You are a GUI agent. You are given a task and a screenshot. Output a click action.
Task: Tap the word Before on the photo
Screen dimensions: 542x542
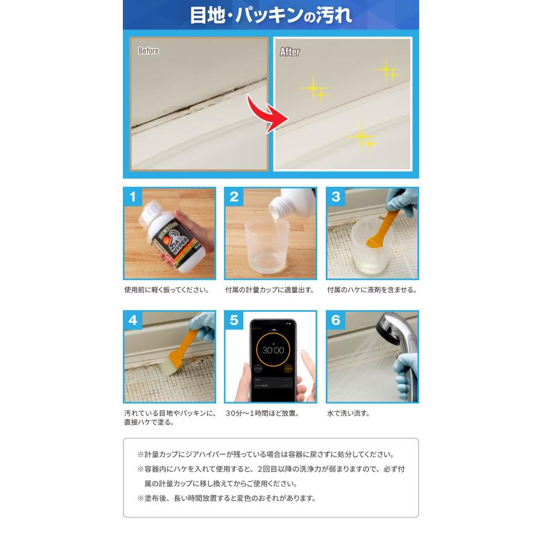point(148,51)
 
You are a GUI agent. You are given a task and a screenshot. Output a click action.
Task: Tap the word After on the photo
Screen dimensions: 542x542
point(290,52)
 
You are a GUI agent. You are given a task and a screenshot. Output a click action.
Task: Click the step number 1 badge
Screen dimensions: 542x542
point(132,196)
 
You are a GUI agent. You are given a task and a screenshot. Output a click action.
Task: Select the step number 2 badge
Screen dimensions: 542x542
point(234,196)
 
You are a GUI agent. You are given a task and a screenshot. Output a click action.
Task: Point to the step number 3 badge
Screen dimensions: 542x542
point(335,196)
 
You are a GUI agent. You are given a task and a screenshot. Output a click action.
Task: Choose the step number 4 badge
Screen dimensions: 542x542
point(132,320)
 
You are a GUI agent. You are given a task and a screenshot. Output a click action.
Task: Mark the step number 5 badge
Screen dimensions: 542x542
point(234,320)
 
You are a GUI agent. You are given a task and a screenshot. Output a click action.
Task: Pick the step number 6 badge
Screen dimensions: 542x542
point(335,320)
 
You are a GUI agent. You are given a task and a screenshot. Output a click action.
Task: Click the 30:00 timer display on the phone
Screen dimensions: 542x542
point(272,350)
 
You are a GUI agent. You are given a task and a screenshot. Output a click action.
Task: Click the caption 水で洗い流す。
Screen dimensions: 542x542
point(348,413)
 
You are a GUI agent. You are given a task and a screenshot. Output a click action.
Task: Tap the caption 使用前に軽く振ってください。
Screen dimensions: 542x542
point(166,290)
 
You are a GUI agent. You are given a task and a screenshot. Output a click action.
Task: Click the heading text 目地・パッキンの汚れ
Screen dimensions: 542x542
point(270,14)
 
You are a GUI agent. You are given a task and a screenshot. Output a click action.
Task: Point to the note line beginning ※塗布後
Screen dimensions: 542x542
point(226,498)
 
